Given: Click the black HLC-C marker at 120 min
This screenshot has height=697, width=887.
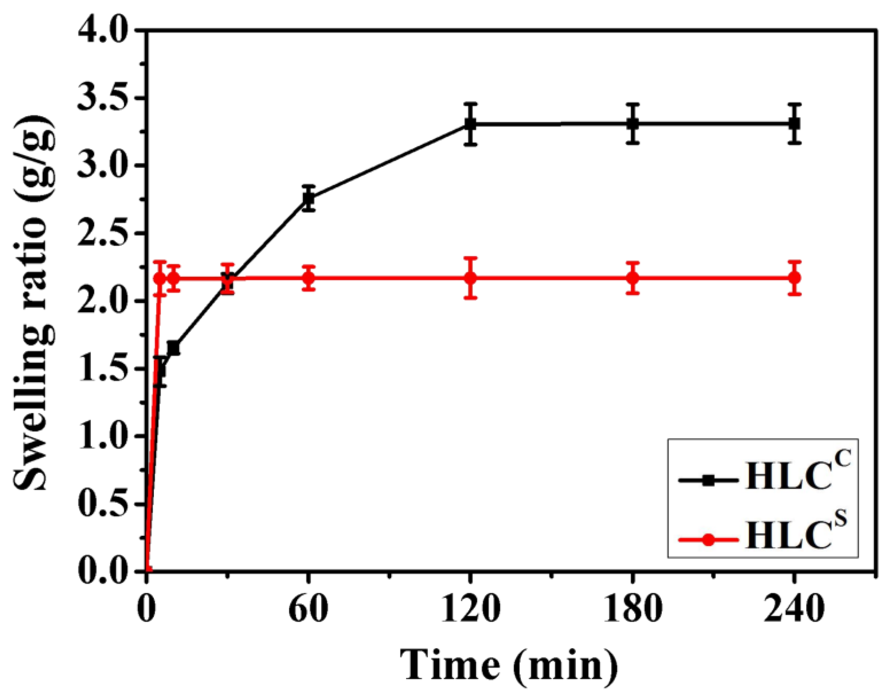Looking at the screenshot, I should tap(470, 124).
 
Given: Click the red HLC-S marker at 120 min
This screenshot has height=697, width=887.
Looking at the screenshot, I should tap(470, 278).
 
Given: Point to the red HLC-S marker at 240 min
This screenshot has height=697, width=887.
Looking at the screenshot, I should tap(794, 278).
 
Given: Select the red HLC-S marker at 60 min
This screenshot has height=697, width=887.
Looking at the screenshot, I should tap(309, 278).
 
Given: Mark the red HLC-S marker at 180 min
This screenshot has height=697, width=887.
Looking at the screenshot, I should tap(633, 278).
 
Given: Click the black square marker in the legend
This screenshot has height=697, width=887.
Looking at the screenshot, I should tap(709, 480).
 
